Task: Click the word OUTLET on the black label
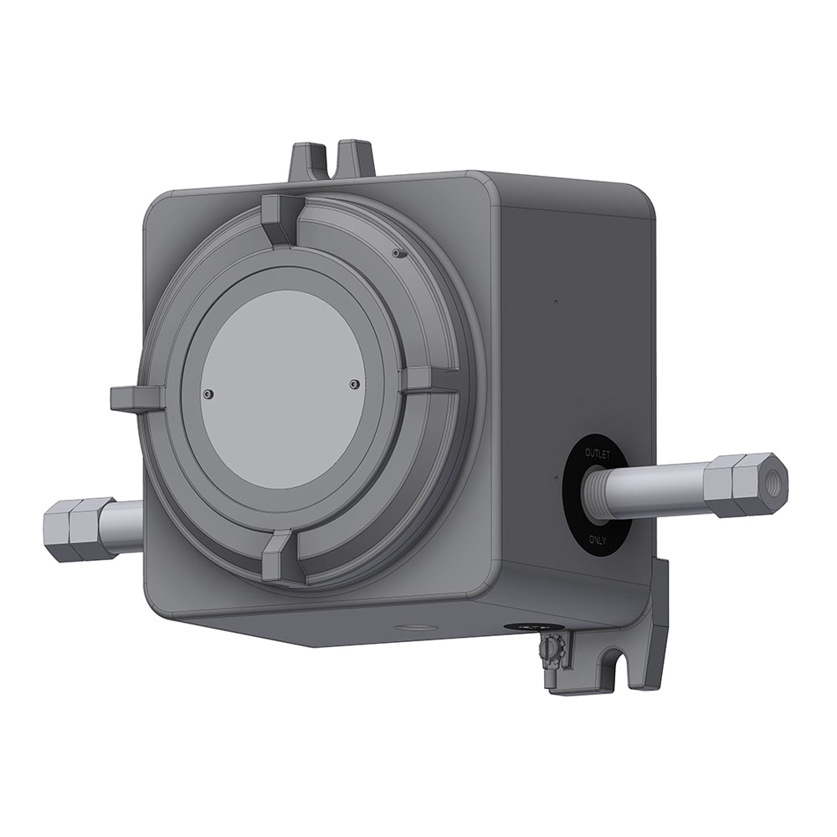click(x=599, y=453)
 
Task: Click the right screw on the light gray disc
click(x=354, y=383)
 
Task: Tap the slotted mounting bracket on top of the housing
click(x=331, y=162)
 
